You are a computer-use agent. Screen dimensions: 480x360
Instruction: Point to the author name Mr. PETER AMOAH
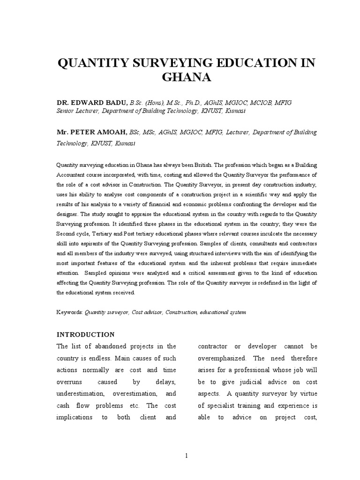pyautogui.click(x=88, y=133)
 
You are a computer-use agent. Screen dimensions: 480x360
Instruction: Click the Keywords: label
pyautogui.click(x=70, y=311)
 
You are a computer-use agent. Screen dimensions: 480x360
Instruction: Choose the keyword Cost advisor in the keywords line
pyautogui.click(x=145, y=311)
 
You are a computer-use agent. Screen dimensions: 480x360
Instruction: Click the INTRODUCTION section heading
pyautogui.click(x=85, y=335)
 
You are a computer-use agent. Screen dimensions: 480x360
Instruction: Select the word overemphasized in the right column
pyautogui.click(x=222, y=358)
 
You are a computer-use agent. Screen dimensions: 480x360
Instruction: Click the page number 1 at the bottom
pyautogui.click(x=187, y=455)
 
